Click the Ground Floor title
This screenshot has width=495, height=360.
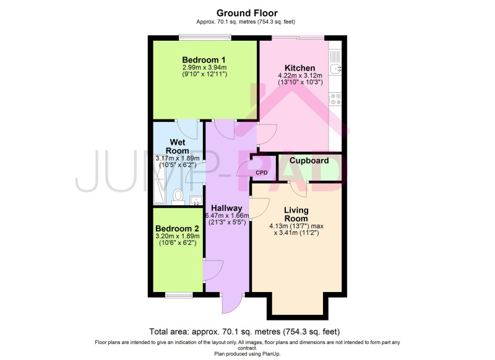point(247,13)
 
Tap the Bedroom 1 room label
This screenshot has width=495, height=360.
point(204,59)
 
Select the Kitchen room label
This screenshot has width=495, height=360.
point(300,68)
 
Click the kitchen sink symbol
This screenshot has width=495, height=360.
point(335,68)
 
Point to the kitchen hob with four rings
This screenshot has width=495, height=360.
point(335,99)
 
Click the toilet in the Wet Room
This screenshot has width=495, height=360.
point(178,197)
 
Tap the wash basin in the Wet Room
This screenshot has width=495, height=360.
point(196,200)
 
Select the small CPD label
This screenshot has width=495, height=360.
point(261,173)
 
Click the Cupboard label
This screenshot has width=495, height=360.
point(309,161)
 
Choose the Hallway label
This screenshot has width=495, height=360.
point(226,208)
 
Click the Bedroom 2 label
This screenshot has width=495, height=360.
point(178,228)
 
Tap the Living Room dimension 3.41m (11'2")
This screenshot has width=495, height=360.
point(296,233)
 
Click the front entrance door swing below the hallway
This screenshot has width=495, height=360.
point(232,304)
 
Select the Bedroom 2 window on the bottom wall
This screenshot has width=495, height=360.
point(179,295)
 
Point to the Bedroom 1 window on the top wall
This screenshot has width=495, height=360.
point(205,37)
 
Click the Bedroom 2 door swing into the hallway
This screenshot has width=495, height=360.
point(213,270)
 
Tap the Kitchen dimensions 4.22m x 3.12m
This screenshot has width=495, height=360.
point(300,75)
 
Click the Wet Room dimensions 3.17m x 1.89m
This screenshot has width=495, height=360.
point(178,158)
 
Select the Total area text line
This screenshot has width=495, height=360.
point(244,332)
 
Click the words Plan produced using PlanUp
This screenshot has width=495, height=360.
point(247,354)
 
